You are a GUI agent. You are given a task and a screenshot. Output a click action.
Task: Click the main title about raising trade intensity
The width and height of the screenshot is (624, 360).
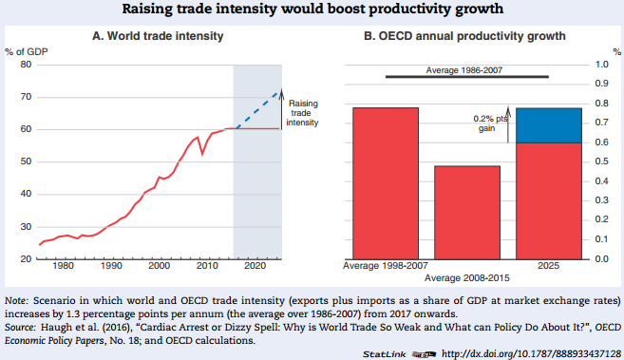[312, 10]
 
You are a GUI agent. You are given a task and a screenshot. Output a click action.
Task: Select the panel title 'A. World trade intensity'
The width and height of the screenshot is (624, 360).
[158, 36]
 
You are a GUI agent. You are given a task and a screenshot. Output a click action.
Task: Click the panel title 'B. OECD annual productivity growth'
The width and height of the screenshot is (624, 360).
[465, 36]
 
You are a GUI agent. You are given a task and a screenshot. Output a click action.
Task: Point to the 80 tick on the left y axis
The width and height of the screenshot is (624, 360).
[26, 65]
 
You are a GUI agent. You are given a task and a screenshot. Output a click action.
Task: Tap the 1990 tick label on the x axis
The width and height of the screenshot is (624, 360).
[111, 268]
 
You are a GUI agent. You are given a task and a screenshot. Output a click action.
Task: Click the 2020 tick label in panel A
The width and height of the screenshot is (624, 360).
[255, 268]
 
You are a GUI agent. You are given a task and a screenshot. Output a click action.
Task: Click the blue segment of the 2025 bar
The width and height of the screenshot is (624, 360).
[549, 125]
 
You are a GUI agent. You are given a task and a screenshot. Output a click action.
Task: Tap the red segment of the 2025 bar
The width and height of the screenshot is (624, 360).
[549, 200]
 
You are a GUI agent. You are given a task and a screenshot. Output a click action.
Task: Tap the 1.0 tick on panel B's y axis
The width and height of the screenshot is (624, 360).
[601, 65]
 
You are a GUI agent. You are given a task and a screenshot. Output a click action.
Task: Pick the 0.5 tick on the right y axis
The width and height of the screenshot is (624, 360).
[601, 161]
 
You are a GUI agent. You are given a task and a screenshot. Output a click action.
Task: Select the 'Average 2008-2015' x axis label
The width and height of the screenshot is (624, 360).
[467, 277]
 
